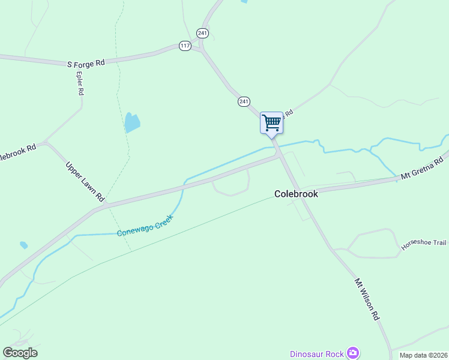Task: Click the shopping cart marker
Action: point(271,123)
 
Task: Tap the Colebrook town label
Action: point(296,194)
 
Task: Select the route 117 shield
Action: point(184,46)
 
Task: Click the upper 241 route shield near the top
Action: point(203,34)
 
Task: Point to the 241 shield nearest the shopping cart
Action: point(243,101)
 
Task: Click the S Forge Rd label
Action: point(85,62)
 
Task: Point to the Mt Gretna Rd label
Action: point(422,168)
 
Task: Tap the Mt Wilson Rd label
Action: point(367,298)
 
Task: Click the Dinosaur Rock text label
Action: point(317,353)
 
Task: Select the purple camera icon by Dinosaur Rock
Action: point(354,353)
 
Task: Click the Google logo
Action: point(20,353)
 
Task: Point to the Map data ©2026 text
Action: point(423,355)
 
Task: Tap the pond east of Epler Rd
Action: point(131,123)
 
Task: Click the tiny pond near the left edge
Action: point(23,245)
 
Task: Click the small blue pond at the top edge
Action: point(244,1)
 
